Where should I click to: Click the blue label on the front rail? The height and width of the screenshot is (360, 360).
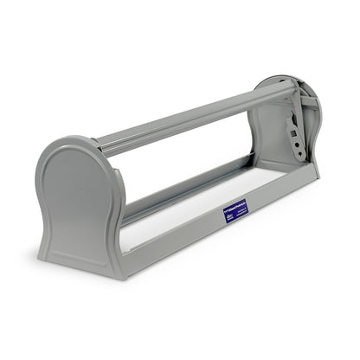(x=235, y=212)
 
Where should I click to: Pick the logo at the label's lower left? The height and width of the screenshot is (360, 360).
(x=229, y=218)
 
